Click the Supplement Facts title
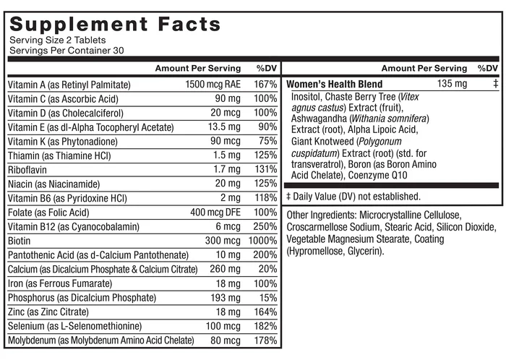pos(115,24)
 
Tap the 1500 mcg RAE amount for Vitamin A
pos(213,85)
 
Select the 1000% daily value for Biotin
pos(262,241)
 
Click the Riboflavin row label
pos(27,170)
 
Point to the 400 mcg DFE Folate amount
pos(215,213)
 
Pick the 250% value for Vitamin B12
pos(265,226)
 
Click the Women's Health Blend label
pos(334,84)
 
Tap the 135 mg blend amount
pos(452,84)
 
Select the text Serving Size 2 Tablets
pos(57,40)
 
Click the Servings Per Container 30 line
pos(67,51)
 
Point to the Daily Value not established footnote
pos(353,197)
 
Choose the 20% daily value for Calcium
pos(268,269)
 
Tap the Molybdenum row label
pos(101,340)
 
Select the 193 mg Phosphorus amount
pos(226,297)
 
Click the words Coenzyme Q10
pos(377,176)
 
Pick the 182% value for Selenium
pos(265,326)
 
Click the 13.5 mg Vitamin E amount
pos(224,127)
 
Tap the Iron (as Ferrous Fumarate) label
pos(60,283)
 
